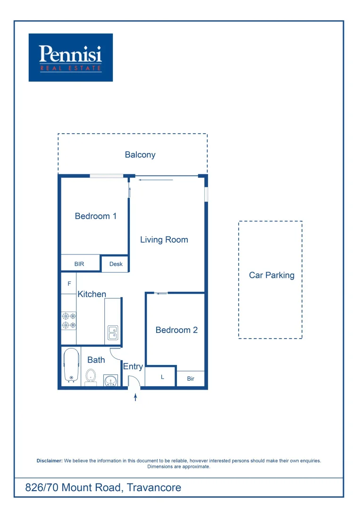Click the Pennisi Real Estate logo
[71, 57]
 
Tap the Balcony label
[140, 155]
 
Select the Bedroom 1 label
[96, 216]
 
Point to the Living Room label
[164, 240]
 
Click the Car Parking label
[272, 275]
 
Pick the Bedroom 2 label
[176, 330]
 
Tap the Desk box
[116, 264]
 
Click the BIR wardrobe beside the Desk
[79, 264]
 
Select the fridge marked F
[69, 284]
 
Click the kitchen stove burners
[69, 321]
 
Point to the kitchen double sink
[113, 332]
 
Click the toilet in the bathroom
[91, 377]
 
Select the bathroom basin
[111, 380]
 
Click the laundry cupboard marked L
[162, 377]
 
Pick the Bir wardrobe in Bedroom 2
[191, 379]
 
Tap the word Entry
[133, 366]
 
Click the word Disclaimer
[50, 460]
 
